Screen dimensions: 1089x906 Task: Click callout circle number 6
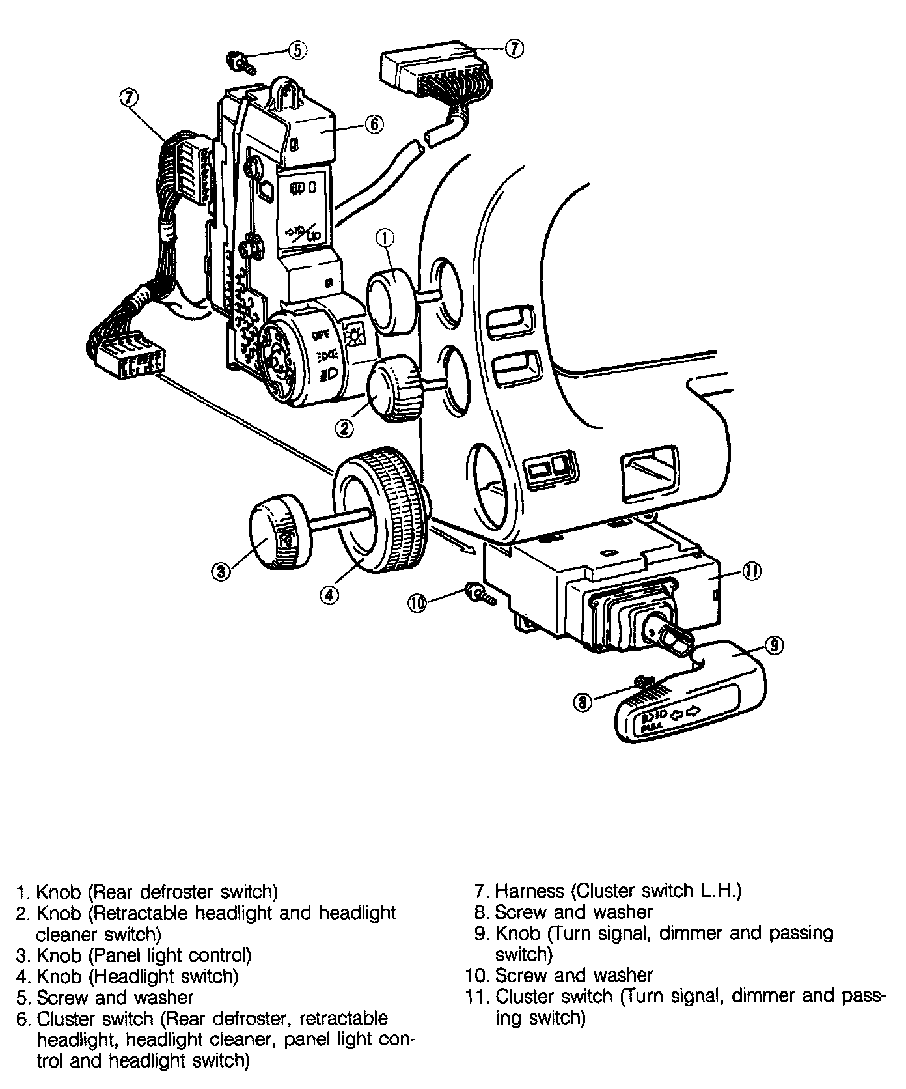coord(375,124)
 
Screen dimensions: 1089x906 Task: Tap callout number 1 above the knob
coord(385,239)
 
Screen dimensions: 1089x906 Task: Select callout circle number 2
coord(344,428)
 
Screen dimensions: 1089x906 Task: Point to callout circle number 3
coord(221,572)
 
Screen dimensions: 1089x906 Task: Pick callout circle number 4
coord(329,593)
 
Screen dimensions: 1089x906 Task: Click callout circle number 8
coord(583,701)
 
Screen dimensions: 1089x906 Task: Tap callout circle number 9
coord(774,645)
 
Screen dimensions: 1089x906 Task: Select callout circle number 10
coord(417,603)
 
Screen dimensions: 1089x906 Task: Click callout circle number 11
coord(752,571)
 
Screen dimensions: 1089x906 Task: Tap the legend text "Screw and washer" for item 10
coord(573,975)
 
